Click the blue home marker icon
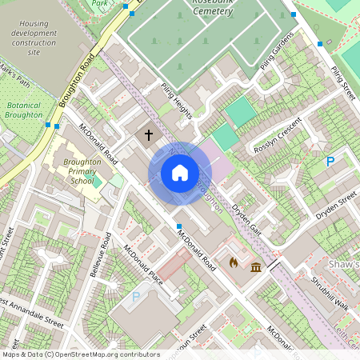click(x=179, y=173)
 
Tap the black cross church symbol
click(x=149, y=135)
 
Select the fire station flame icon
click(x=234, y=262)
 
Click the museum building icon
click(x=256, y=266)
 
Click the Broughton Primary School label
click(x=82, y=171)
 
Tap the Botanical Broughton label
click(x=24, y=110)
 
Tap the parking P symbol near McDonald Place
click(x=135, y=297)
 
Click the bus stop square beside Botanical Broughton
click(x=49, y=125)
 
